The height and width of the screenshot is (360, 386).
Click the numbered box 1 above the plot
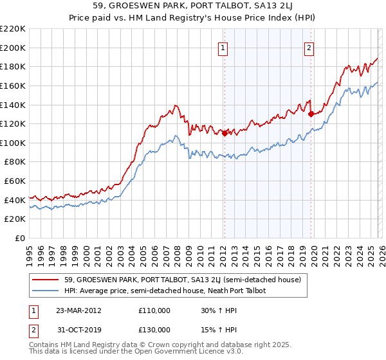click(x=223, y=47)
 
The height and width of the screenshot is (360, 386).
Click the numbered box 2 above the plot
click(x=309, y=47)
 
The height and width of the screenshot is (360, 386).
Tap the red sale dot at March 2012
click(x=224, y=133)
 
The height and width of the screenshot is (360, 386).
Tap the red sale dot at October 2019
click(x=311, y=114)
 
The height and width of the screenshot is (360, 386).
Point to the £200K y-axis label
click(x=13, y=48)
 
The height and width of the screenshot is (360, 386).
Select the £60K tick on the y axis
click(x=15, y=181)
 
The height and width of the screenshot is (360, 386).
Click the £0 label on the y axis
click(x=19, y=239)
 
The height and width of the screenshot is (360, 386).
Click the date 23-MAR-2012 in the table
click(x=78, y=310)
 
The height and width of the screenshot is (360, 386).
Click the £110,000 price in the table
click(x=154, y=310)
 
